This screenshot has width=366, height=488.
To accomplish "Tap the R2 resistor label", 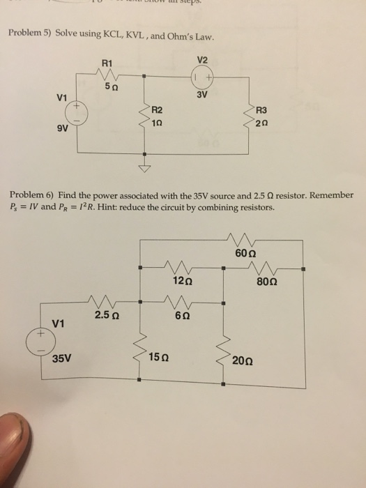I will pos(157,109).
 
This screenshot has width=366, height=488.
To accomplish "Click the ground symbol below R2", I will pos(144,168).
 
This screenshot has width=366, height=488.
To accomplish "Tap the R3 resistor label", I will pos(262,109).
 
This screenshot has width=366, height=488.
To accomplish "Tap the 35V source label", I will pos(63,360).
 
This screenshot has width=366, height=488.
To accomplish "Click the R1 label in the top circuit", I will pos(107,63).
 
